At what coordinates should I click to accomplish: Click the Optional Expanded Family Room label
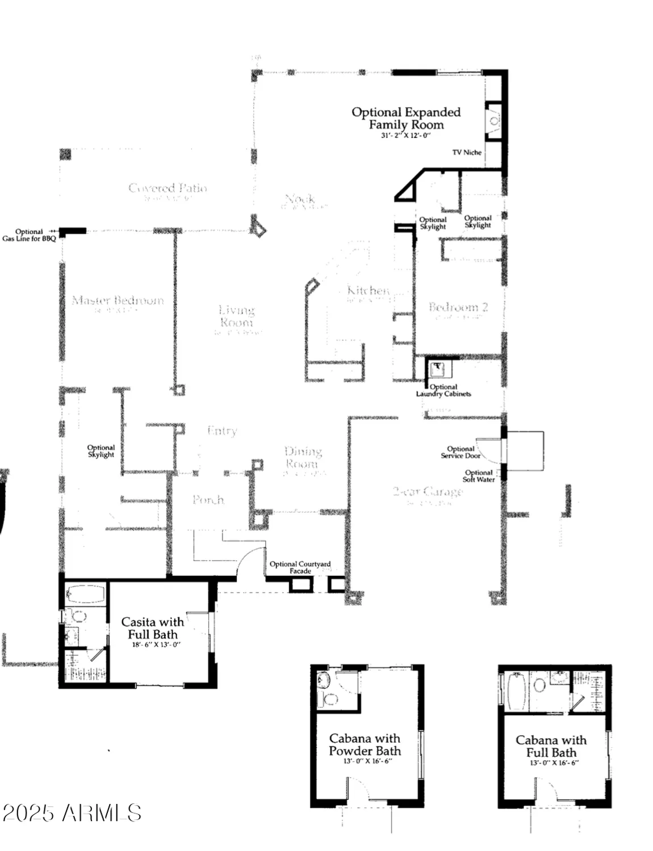tap(405, 119)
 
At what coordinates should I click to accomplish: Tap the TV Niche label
tap(467, 152)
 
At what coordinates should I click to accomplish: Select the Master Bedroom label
tap(118, 300)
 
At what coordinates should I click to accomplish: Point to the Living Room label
tap(237, 316)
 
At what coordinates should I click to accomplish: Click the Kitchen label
tap(368, 290)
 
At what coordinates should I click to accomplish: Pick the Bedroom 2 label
tap(458, 307)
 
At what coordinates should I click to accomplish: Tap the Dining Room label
tap(303, 457)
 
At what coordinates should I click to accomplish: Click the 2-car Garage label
tap(428, 491)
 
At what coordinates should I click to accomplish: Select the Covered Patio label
tap(168, 188)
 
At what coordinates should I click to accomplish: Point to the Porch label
tap(208, 499)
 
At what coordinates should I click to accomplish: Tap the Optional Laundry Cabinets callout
tap(443, 390)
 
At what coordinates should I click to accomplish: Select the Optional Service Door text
tap(461, 452)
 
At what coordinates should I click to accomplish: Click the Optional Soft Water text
tap(479, 475)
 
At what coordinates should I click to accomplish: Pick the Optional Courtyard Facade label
tap(300, 567)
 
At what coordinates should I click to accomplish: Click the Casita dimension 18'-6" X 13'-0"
tap(152, 644)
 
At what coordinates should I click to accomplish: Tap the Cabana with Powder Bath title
tap(365, 744)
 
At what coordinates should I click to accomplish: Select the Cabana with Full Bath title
tap(551, 746)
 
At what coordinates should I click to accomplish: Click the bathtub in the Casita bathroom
tap(85, 595)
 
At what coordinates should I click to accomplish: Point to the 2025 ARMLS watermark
tap(72, 813)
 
